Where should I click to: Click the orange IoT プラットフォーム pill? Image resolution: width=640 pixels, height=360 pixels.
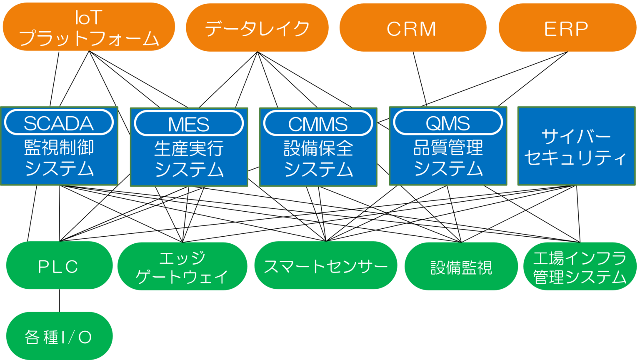(89, 27)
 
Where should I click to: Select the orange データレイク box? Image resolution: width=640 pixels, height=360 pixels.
(257, 28)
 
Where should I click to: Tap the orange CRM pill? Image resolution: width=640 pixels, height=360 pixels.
(412, 28)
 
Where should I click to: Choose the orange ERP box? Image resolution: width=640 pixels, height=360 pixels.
(567, 28)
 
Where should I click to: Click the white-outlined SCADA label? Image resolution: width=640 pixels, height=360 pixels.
(59, 123)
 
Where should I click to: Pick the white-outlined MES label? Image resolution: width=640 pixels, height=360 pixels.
(189, 124)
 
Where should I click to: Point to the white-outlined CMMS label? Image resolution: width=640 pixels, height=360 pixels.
(318, 124)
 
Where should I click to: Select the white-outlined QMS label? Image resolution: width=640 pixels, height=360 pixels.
(448, 123)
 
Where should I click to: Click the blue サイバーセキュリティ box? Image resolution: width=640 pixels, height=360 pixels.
(576, 146)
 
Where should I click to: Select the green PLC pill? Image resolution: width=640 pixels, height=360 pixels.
(59, 266)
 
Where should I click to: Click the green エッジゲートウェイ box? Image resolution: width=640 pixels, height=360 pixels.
(182, 267)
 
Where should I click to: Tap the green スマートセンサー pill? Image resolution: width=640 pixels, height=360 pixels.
(325, 266)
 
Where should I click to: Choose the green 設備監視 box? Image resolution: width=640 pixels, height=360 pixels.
(461, 267)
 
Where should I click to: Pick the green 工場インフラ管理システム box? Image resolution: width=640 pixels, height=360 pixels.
(580, 267)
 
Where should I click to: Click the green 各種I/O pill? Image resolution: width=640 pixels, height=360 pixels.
(59, 336)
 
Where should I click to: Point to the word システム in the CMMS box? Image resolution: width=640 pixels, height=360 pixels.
(318, 170)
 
